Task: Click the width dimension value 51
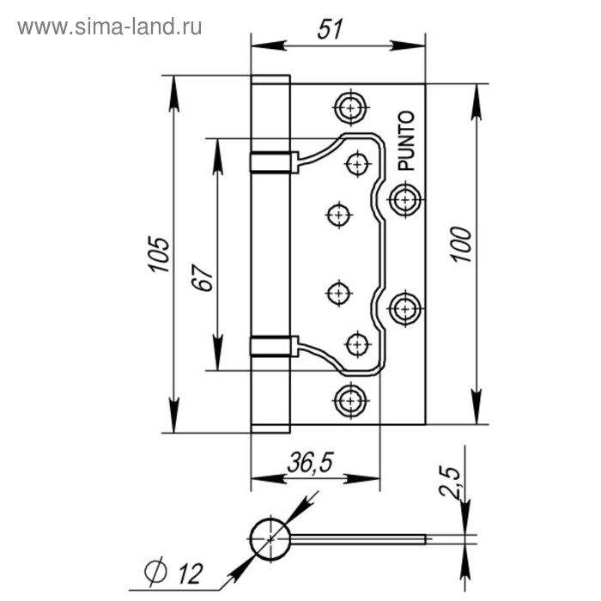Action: point(329,28)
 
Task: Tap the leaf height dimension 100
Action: point(460,246)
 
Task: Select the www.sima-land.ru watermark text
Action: point(110,27)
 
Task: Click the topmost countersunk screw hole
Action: point(349,107)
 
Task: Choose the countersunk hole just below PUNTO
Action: point(404,199)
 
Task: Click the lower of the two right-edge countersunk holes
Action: point(404,307)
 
